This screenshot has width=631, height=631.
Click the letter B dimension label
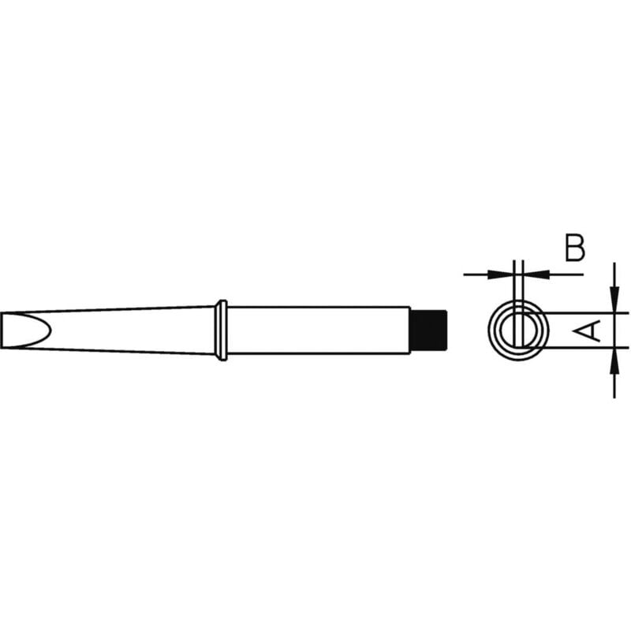pos(575,248)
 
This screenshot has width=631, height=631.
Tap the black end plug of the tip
pos(430,330)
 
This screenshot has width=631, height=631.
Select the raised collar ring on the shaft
pos(222,330)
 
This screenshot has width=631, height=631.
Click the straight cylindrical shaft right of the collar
pos(315,330)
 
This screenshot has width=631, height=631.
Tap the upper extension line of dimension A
pos(580,313)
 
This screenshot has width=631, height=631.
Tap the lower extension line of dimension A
pos(580,346)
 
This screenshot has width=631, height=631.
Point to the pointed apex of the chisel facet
pos(56,330)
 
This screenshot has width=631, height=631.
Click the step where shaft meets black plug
pos(412,330)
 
